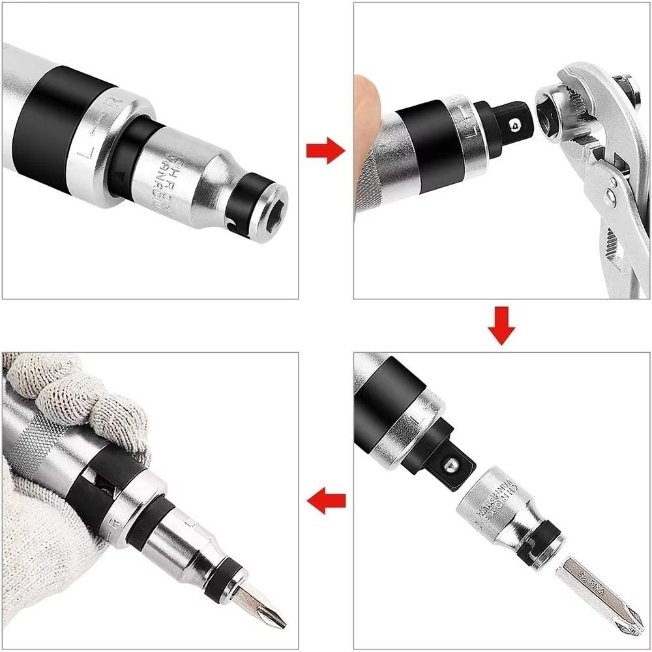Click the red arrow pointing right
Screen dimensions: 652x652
point(325,151)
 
